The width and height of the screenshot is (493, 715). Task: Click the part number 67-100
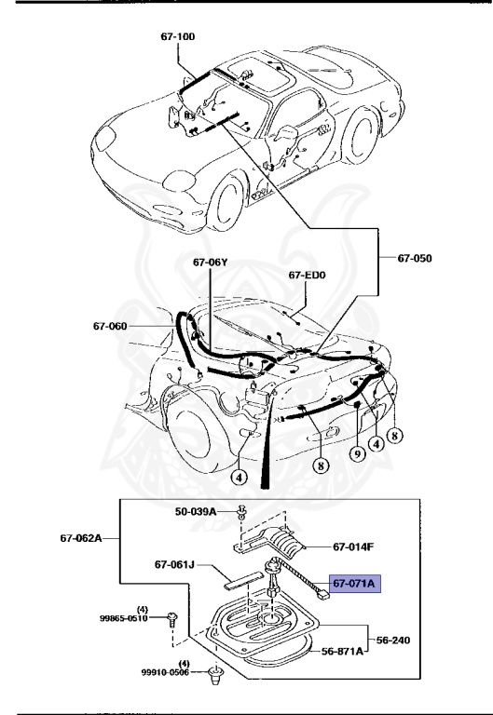[x=177, y=36]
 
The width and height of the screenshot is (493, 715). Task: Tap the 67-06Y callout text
[x=211, y=263]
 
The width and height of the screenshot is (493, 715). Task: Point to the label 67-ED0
[x=308, y=275]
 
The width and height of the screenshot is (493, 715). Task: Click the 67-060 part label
[x=110, y=325]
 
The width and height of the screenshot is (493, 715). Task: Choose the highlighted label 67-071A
[x=354, y=584]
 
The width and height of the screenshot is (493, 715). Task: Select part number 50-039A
[x=196, y=511]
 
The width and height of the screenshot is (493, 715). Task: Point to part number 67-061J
[x=175, y=563]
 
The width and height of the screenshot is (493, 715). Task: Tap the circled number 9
[x=357, y=454]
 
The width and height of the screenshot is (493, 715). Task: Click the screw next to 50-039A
[x=241, y=511]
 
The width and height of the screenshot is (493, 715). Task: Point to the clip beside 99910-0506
[x=216, y=675]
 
